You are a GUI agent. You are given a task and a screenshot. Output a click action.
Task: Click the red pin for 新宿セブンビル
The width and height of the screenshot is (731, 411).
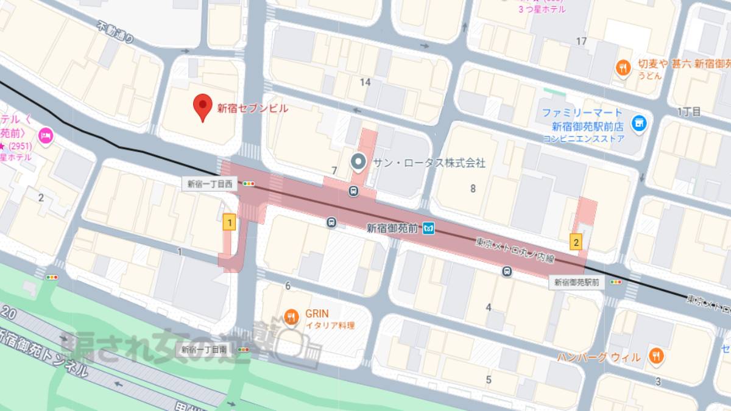(x=202, y=108)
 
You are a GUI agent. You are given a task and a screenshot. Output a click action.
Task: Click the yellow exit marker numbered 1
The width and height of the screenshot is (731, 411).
(x=229, y=223)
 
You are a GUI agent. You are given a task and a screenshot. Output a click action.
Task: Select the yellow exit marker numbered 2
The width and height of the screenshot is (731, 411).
(x=576, y=242)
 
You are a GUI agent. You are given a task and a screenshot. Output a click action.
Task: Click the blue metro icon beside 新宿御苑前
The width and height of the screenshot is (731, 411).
(x=429, y=228)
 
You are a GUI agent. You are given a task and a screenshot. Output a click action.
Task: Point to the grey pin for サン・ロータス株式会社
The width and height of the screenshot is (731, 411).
(x=359, y=163)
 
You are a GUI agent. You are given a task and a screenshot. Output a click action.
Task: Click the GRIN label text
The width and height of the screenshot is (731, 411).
(x=317, y=314)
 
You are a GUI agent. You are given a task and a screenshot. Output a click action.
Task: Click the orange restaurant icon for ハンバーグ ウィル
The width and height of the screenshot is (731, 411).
(x=656, y=356)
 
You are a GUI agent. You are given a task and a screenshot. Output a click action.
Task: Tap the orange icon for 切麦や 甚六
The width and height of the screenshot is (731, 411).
(x=623, y=68)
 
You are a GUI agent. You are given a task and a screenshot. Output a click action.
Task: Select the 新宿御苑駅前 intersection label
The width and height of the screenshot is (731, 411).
(x=577, y=283)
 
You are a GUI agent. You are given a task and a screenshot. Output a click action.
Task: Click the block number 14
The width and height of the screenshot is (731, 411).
(x=365, y=82)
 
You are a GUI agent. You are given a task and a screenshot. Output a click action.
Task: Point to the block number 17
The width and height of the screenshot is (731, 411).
(x=581, y=41)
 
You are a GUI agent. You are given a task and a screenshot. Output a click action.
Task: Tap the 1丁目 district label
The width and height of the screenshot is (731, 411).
(x=688, y=111)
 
